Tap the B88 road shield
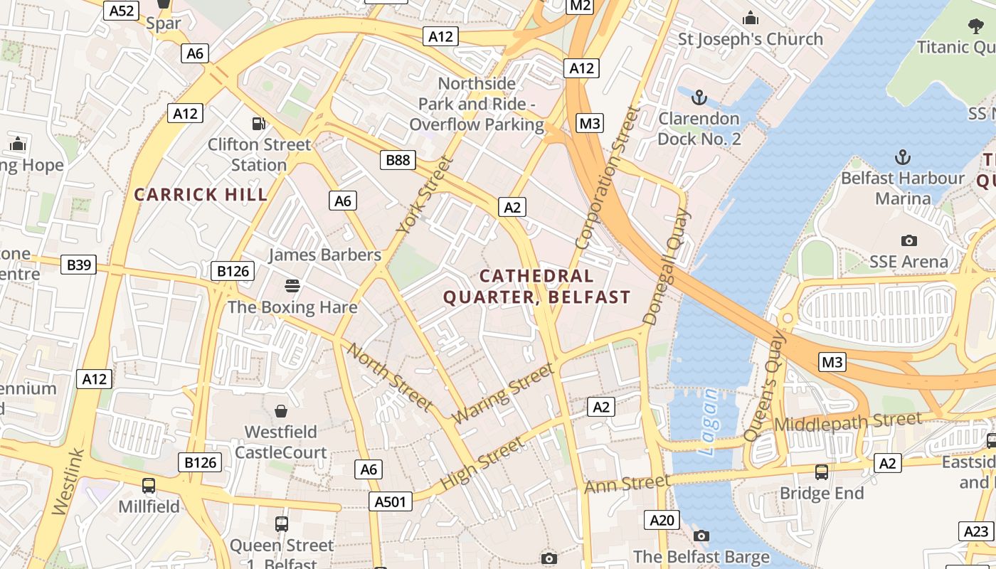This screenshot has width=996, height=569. point(398,160)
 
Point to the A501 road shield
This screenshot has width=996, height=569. point(391,502)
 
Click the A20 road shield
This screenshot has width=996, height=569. point(662,520)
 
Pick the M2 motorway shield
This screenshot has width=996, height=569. point(581,6)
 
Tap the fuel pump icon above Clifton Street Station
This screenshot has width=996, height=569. point(259,124)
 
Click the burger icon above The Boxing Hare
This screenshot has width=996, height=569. point(292,286)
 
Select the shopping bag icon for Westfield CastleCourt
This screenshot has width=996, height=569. point(281,411)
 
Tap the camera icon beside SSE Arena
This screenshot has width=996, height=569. point(908,240)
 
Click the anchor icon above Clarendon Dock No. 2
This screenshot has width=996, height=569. point(699,97)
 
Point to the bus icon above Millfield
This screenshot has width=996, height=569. point(149,486)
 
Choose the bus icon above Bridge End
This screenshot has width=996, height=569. point(822,472)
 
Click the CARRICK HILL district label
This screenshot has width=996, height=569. point(201,194)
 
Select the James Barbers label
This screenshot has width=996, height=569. point(324,255)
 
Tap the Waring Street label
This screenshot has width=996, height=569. point(503,393)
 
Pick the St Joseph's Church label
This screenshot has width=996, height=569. point(751,39)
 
